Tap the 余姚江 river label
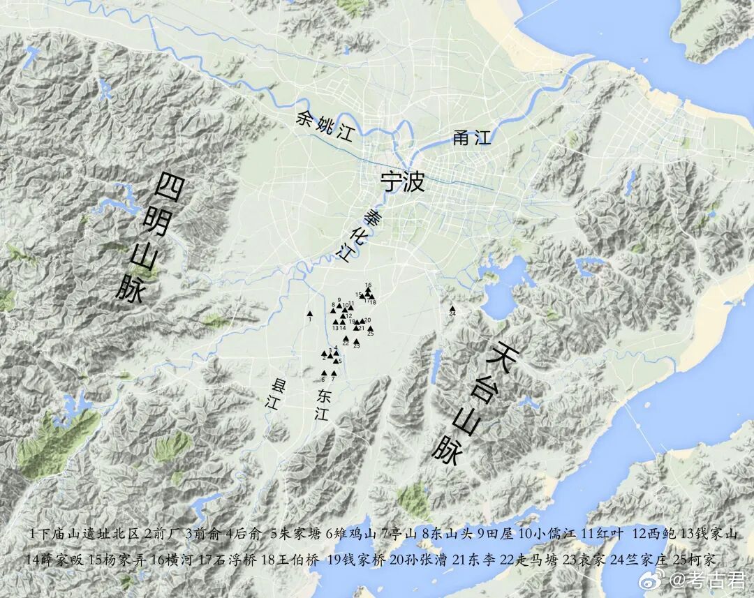pos(326,126)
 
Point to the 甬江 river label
pos(472,137)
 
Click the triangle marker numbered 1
pos(309,313)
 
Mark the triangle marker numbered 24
pos(452,308)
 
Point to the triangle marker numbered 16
pos(368,290)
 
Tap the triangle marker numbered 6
pos(323,373)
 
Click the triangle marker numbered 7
pos(334,373)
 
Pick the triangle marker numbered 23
pos(356,341)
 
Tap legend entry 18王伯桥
pos(289,559)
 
